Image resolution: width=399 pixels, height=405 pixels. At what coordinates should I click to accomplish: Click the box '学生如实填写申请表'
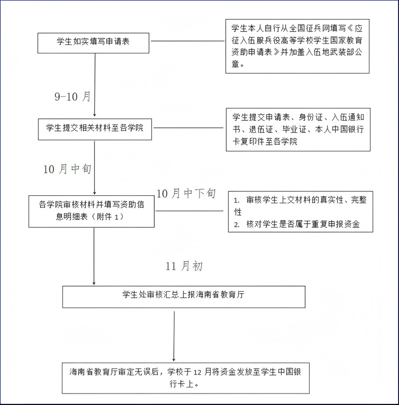(93, 43)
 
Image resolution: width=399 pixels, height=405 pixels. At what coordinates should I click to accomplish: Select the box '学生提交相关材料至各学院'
(95, 129)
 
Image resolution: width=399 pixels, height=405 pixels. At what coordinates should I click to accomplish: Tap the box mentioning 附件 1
(91, 211)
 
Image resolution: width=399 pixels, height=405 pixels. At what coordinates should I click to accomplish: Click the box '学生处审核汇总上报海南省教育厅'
(184, 297)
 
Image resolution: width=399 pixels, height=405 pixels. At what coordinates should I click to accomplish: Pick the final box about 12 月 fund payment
(185, 378)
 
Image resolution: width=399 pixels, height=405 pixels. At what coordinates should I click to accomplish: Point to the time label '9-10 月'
(72, 96)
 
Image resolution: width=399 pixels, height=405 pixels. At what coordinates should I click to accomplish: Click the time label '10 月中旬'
(67, 169)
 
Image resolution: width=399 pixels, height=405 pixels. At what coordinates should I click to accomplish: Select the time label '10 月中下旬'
(186, 193)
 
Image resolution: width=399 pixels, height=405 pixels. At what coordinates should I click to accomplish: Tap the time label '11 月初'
(184, 266)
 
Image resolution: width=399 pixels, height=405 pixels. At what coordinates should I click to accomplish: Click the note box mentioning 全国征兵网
(297, 46)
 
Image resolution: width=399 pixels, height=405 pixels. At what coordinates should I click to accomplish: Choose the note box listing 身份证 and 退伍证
(298, 130)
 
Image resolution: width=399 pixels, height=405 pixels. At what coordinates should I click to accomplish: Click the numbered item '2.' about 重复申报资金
(297, 224)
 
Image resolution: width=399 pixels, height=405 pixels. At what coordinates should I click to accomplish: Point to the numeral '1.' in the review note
(237, 200)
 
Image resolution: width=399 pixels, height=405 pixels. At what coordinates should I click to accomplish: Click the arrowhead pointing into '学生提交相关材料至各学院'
(94, 115)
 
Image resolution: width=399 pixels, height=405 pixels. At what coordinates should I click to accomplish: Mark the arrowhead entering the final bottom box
(174, 359)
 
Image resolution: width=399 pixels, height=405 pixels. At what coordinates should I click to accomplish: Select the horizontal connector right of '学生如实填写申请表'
(187, 41)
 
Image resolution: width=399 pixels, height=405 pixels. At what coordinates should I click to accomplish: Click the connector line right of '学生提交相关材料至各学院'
(189, 128)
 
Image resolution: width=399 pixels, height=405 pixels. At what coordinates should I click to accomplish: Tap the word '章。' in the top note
(238, 64)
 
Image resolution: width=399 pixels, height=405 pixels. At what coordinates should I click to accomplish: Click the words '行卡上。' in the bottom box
(184, 384)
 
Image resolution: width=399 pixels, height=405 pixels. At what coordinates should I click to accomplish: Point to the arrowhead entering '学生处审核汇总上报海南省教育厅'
(94, 283)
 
